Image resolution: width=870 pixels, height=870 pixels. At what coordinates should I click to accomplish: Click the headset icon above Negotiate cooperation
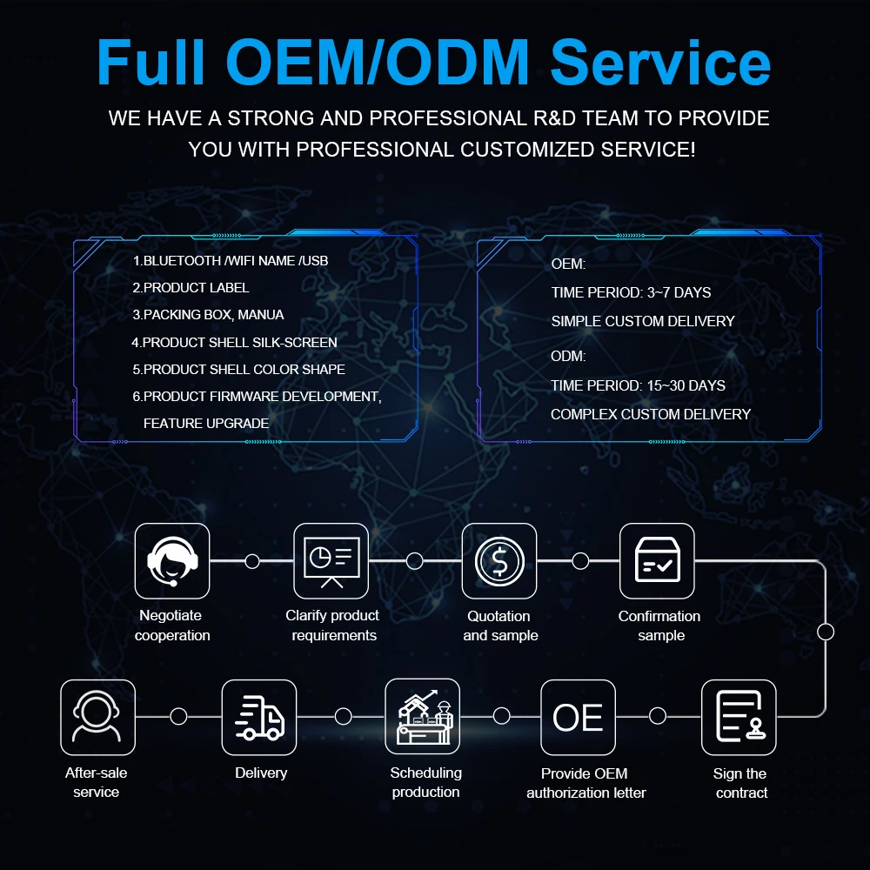pyautogui.click(x=172, y=560)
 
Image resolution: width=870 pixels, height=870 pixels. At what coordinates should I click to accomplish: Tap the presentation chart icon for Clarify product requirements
pyautogui.click(x=331, y=560)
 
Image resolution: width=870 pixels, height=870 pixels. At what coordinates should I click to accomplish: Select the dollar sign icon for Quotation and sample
pyautogui.click(x=499, y=560)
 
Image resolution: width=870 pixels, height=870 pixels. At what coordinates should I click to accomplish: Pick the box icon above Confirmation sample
pyautogui.click(x=657, y=560)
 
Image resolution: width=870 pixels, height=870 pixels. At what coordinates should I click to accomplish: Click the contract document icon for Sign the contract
pyautogui.click(x=739, y=717)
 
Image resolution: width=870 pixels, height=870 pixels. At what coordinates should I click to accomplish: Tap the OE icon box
pyautogui.click(x=578, y=717)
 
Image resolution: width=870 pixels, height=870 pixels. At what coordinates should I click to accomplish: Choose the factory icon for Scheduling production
pyautogui.click(x=422, y=717)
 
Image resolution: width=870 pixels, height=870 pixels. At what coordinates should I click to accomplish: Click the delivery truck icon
pyautogui.click(x=259, y=717)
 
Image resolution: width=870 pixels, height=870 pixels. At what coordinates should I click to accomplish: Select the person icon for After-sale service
pyautogui.click(x=97, y=717)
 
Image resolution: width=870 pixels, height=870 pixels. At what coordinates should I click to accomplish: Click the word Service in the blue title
pyautogui.click(x=661, y=63)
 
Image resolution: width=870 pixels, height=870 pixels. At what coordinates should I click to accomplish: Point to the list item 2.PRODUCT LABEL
pyautogui.click(x=191, y=287)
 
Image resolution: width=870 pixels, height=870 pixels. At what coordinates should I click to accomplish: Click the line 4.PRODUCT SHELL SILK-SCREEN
pyautogui.click(x=234, y=342)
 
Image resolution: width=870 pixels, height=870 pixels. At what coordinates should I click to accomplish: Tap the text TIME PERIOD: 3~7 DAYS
pyautogui.click(x=631, y=292)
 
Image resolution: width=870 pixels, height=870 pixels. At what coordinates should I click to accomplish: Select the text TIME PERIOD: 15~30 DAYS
pyautogui.click(x=638, y=385)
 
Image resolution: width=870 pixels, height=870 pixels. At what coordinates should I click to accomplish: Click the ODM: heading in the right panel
pyautogui.click(x=568, y=356)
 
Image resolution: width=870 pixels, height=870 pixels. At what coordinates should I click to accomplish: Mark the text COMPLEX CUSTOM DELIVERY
pyautogui.click(x=650, y=414)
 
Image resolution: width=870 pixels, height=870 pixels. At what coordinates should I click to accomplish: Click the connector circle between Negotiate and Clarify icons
pyautogui.click(x=252, y=561)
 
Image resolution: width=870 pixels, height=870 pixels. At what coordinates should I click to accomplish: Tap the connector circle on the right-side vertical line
pyautogui.click(x=826, y=632)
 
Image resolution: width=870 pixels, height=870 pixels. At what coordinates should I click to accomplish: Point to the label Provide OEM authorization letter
pyautogui.click(x=586, y=783)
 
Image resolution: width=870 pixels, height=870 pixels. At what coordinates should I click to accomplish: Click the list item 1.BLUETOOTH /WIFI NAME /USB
pyautogui.click(x=230, y=260)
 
